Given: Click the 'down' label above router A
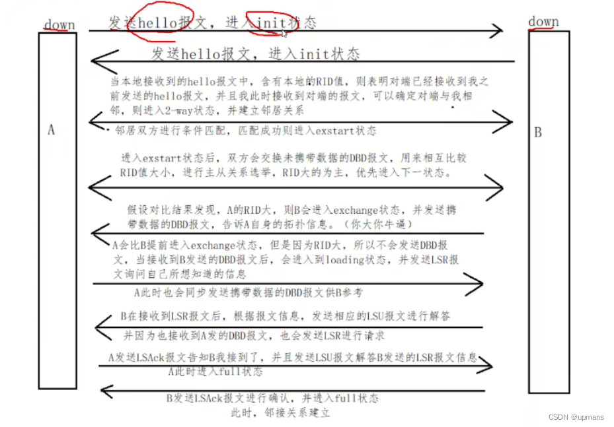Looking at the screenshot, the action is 59,25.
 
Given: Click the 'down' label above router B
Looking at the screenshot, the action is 543,22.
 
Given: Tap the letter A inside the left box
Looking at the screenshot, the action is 52,130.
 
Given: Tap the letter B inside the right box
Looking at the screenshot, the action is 537,133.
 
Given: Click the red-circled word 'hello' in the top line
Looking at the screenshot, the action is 158,22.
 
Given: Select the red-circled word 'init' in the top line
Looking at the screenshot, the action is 270,23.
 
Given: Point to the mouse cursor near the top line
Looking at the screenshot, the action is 284,32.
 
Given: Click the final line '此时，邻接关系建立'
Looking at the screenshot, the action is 280,413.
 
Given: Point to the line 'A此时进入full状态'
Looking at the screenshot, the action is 215,372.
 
